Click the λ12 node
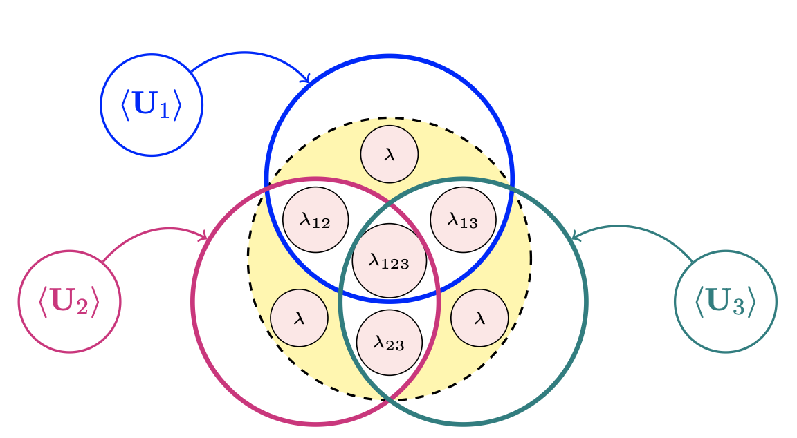(315, 220)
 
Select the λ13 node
(464, 219)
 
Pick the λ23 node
(389, 342)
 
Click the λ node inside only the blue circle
(390, 155)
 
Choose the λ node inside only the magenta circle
(299, 318)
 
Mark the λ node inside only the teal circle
(479, 318)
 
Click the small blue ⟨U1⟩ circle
(152, 106)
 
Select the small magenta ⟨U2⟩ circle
(69, 301)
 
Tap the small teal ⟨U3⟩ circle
(726, 301)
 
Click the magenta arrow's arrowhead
(204, 237)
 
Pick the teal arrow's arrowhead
(574, 236)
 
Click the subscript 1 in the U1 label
(164, 111)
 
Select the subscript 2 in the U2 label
(82, 307)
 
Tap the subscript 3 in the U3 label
(738, 307)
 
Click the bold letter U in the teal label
(720, 301)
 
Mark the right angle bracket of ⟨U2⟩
(95, 302)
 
